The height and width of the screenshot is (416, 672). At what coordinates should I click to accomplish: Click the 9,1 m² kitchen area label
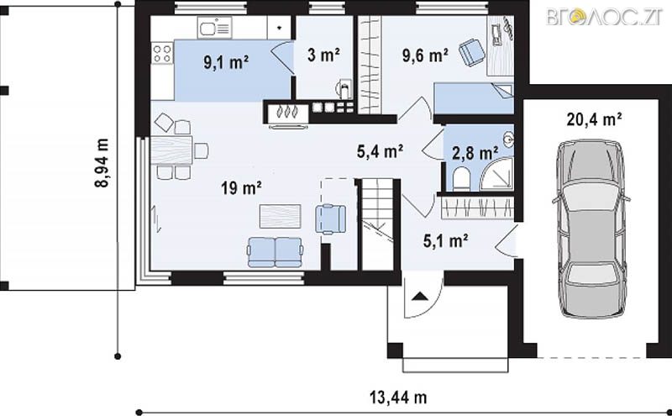(226, 63)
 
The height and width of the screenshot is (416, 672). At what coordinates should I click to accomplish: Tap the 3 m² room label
(323, 55)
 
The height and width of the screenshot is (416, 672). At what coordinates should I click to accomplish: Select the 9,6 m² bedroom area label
(425, 55)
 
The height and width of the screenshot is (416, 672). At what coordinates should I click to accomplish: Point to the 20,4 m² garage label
(594, 119)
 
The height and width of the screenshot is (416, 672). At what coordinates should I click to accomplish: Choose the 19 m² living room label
(241, 187)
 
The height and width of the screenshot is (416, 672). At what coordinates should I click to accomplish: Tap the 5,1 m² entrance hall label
(445, 241)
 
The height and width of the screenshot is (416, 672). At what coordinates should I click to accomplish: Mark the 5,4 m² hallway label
(381, 151)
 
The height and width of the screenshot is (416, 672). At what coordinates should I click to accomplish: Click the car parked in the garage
(592, 229)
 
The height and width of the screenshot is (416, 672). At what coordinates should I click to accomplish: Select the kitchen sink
(214, 28)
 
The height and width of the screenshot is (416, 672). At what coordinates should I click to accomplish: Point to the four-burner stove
(162, 54)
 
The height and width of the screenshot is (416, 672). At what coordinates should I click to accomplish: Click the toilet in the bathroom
(461, 179)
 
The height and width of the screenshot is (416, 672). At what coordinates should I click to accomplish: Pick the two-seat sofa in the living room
(276, 253)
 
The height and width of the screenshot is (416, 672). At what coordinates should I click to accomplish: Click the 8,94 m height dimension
(101, 163)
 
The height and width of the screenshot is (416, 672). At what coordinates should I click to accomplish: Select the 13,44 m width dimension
(398, 398)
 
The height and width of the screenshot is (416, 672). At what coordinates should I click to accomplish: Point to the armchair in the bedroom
(472, 52)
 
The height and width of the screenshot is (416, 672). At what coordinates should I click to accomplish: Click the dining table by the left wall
(171, 150)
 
